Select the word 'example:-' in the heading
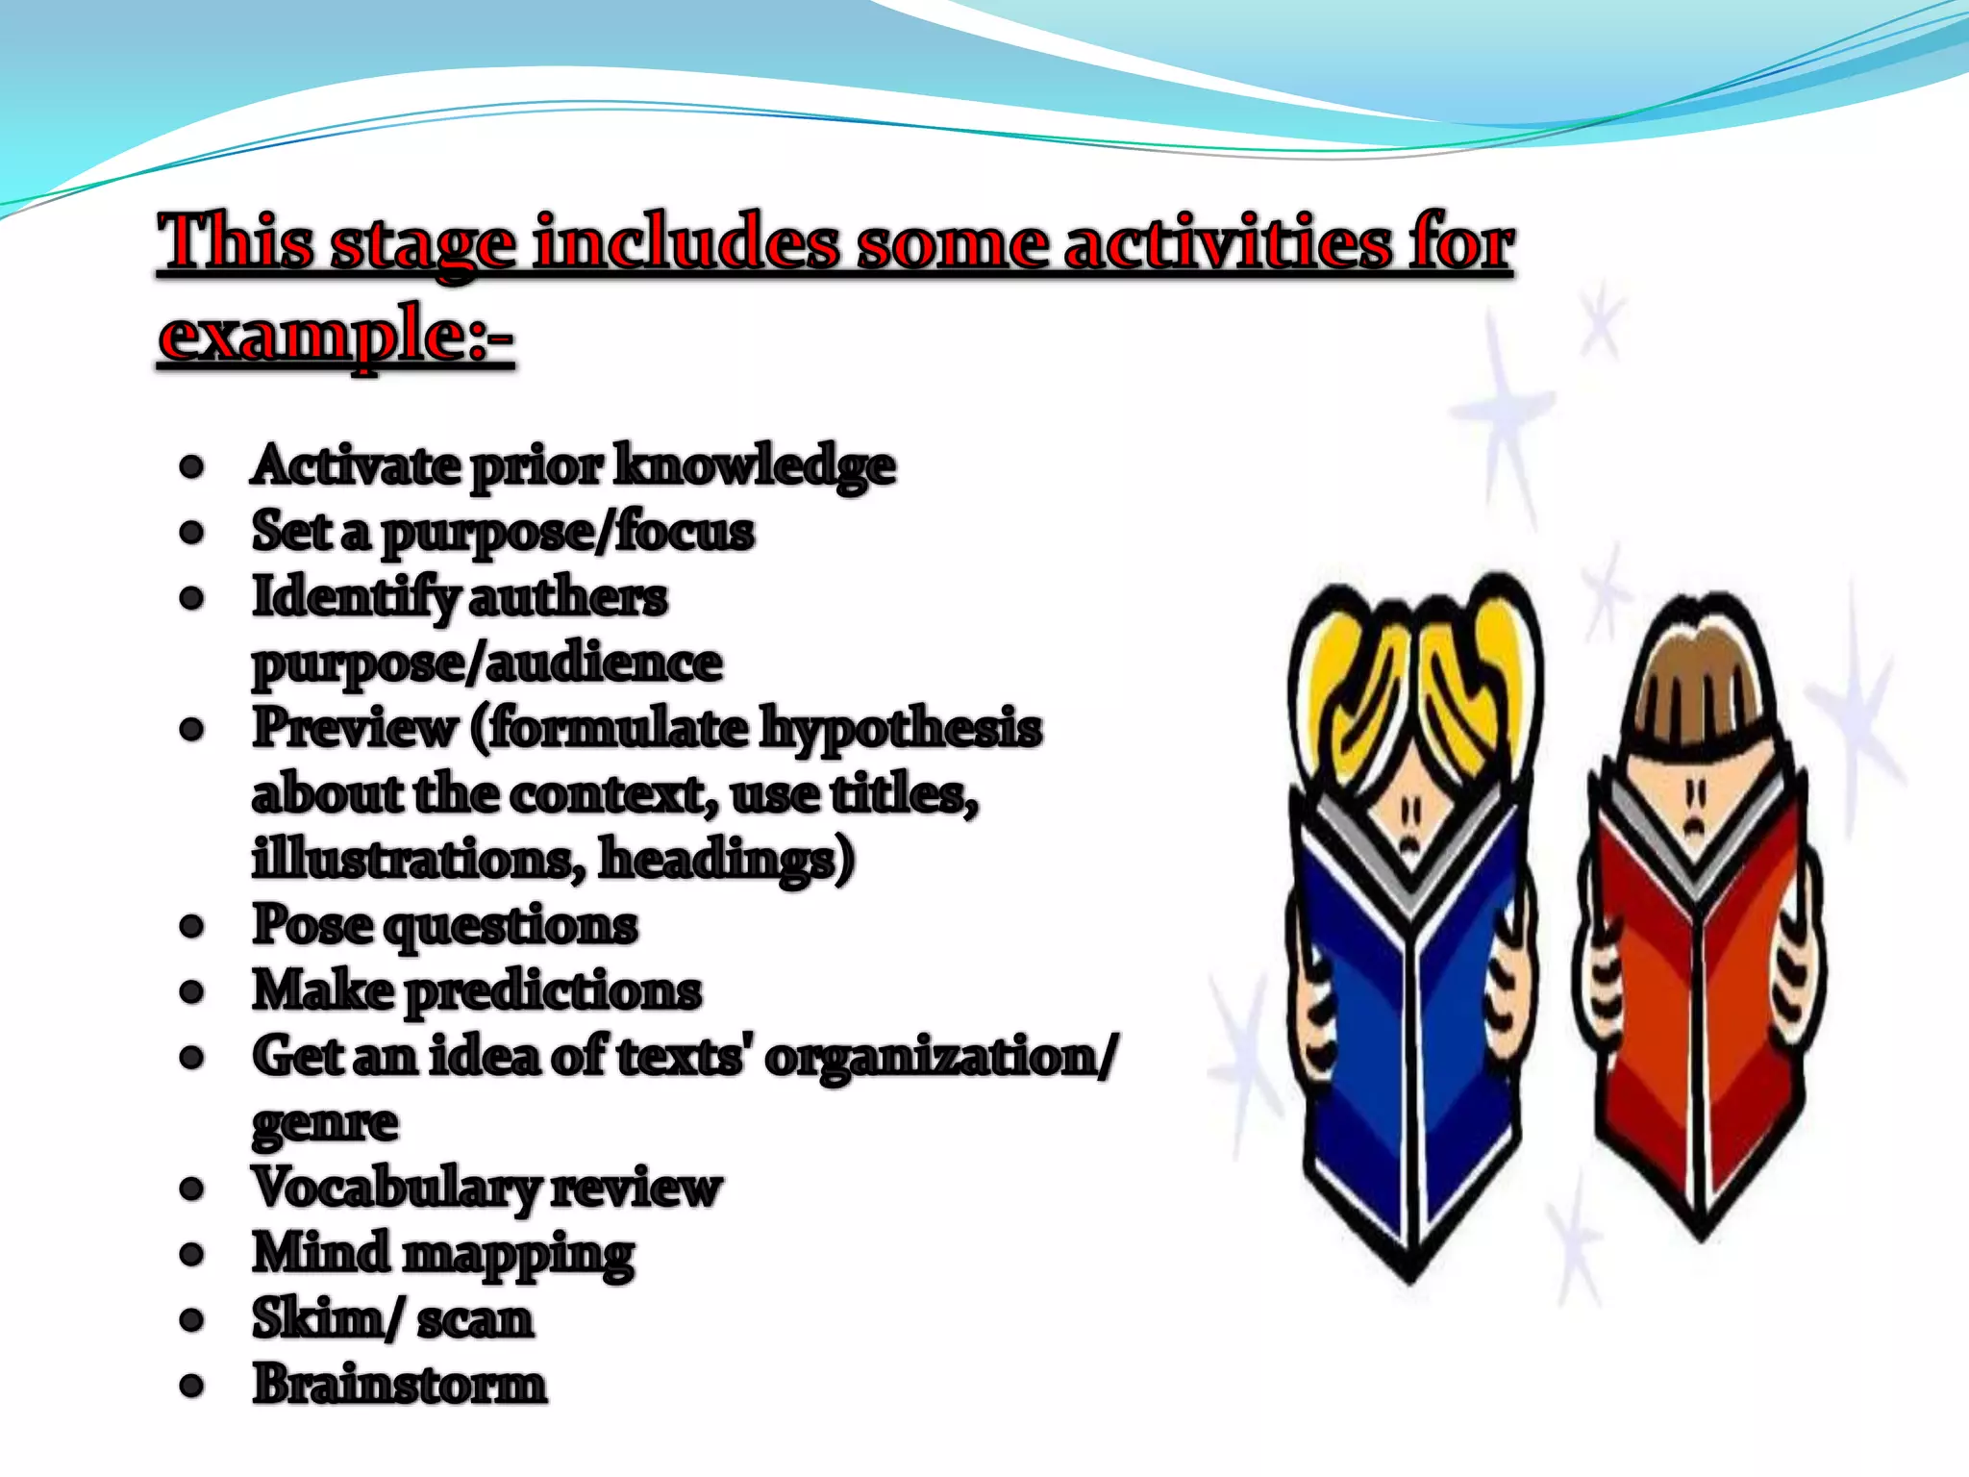(x=336, y=337)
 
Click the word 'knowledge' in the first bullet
(x=755, y=467)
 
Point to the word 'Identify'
(x=355, y=598)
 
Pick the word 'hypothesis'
(x=901, y=729)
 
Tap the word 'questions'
(x=510, y=927)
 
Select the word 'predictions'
(x=553, y=991)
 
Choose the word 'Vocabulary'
(x=396, y=1189)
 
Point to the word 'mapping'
(x=518, y=1256)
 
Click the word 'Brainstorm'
(x=400, y=1385)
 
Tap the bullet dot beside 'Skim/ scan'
(x=192, y=1320)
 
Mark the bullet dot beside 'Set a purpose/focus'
(x=192, y=532)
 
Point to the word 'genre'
(x=325, y=1123)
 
